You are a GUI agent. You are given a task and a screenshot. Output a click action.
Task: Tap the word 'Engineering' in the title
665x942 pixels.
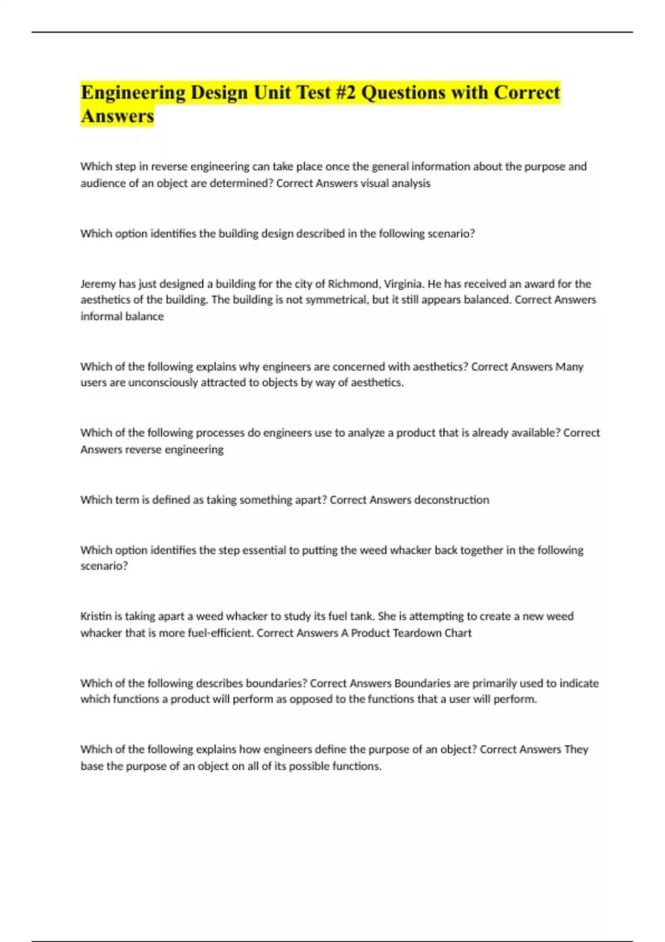click(x=133, y=93)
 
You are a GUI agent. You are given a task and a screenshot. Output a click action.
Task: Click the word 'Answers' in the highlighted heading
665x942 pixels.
click(x=117, y=116)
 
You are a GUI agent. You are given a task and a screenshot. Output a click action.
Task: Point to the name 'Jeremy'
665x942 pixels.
click(x=98, y=284)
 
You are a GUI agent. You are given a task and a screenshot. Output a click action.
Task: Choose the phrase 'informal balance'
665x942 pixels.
click(x=122, y=316)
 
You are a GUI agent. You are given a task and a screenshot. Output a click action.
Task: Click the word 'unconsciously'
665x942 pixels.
click(x=163, y=383)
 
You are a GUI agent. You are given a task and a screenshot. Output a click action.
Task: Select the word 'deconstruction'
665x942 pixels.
click(x=451, y=500)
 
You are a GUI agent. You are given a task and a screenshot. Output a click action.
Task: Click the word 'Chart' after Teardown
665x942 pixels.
click(x=458, y=633)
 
